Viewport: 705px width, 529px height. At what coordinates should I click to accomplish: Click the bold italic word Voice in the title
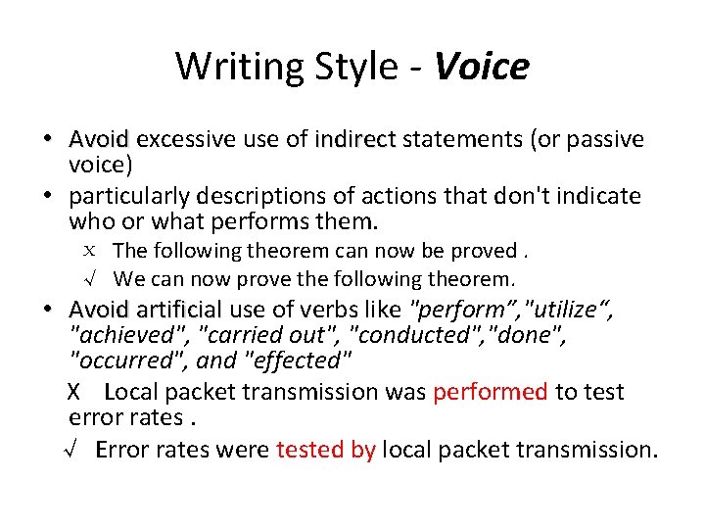pyautogui.click(x=481, y=67)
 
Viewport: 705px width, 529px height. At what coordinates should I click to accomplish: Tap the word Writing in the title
pyautogui.click(x=235, y=67)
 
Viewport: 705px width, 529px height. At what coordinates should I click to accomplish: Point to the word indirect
pyautogui.click(x=354, y=139)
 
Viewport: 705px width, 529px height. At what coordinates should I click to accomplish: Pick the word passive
pyautogui.click(x=603, y=139)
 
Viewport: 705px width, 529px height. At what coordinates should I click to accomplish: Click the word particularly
pyautogui.click(x=136, y=196)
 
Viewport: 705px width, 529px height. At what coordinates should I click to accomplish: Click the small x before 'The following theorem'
pyautogui.click(x=91, y=252)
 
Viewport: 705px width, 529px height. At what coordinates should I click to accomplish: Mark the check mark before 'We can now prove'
pyautogui.click(x=91, y=279)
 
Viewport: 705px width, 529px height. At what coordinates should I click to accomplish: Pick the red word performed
pyautogui.click(x=491, y=392)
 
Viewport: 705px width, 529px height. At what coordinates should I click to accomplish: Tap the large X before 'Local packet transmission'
pyautogui.click(x=74, y=393)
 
